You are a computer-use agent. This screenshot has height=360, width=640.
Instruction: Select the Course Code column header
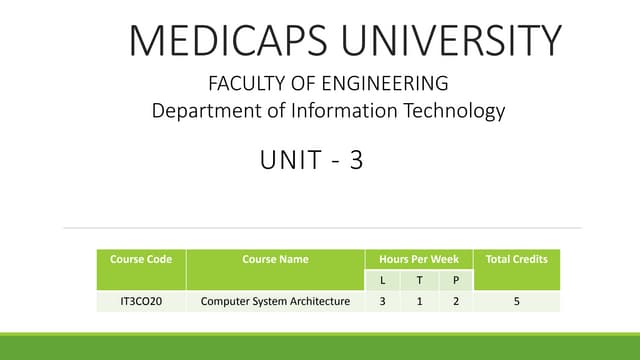pyautogui.click(x=140, y=259)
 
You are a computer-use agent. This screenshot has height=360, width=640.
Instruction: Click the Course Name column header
pyautogui.click(x=275, y=259)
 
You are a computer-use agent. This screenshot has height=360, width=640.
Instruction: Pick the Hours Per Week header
pyautogui.click(x=419, y=259)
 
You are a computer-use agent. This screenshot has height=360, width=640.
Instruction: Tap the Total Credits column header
pyautogui.click(x=516, y=259)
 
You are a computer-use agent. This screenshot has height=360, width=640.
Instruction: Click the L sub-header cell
pyautogui.click(x=383, y=280)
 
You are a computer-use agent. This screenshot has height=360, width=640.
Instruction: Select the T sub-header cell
pyautogui.click(x=419, y=280)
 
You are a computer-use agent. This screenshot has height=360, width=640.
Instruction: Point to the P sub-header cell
pyautogui.click(x=456, y=280)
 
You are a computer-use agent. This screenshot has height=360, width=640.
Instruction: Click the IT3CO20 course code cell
pyautogui.click(x=140, y=300)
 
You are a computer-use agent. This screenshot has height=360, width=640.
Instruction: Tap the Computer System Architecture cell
pyautogui.click(x=275, y=300)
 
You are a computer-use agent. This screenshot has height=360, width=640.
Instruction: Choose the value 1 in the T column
pyautogui.click(x=419, y=300)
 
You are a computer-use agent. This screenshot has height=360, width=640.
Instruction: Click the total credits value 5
pyautogui.click(x=516, y=300)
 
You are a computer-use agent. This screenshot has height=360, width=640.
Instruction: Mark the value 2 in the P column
pyautogui.click(x=456, y=300)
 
